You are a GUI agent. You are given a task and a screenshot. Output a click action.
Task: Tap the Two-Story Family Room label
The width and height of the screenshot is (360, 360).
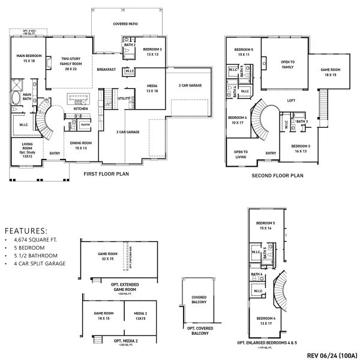(70, 62)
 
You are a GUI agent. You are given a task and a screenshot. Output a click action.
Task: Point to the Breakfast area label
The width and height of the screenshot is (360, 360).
(106, 70)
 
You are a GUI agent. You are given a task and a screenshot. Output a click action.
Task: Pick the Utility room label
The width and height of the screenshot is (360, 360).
(124, 98)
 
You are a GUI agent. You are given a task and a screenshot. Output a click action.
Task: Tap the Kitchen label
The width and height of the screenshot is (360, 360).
(80, 109)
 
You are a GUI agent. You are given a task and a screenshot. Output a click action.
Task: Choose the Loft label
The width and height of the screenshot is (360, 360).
(291, 100)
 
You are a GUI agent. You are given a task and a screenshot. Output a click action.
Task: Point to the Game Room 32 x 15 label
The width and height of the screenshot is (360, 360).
(108, 256)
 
